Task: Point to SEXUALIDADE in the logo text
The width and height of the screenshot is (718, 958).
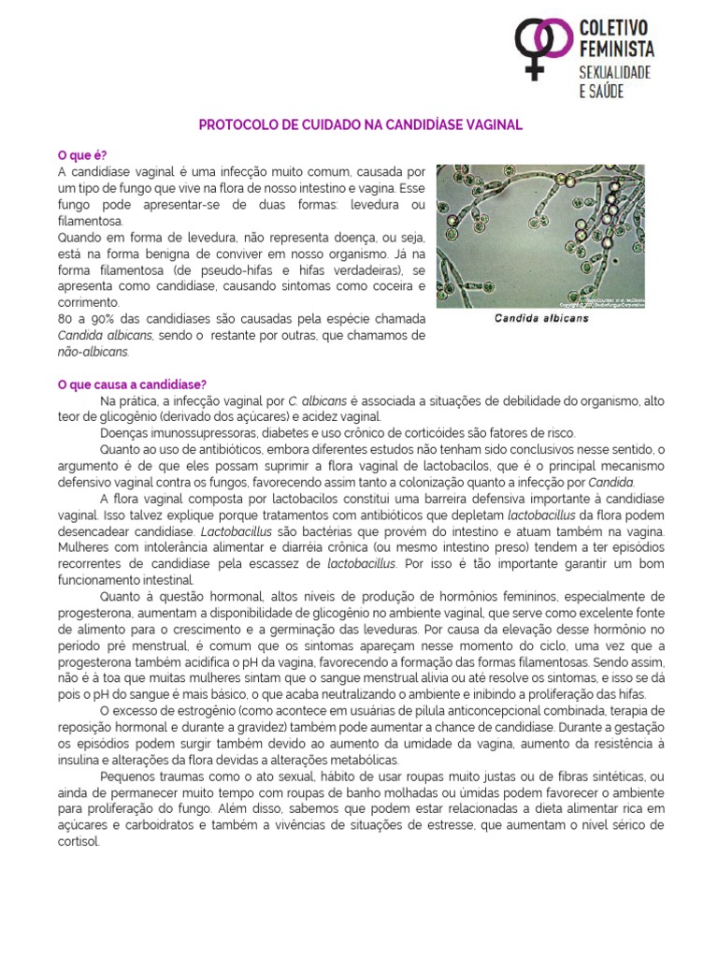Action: (x=616, y=70)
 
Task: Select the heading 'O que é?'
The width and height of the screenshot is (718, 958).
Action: (x=82, y=154)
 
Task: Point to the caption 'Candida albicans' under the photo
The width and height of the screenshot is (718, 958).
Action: (x=541, y=319)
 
